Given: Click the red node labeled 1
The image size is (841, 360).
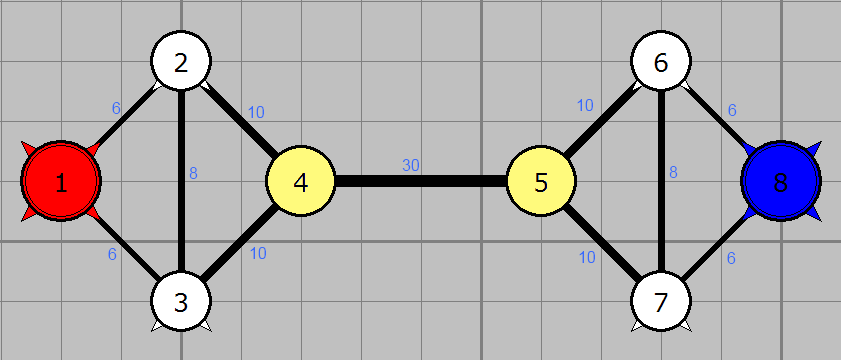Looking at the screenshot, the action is pos(61,181).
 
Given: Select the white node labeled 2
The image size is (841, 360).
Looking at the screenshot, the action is pos(181,61).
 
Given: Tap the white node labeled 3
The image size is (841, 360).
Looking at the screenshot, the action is pos(181,302).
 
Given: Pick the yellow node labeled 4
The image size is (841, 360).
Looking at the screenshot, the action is pos(301,181).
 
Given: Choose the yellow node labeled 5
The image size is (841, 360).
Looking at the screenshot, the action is pos(541,181).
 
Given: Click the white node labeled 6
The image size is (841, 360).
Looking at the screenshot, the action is pos(661,61).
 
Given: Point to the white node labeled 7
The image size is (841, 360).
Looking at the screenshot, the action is pos(661,302).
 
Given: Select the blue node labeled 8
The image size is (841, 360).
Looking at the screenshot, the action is pos(781,181).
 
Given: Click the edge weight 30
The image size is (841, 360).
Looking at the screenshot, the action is pos(411,166).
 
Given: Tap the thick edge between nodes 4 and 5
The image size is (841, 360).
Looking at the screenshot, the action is pos(421,181).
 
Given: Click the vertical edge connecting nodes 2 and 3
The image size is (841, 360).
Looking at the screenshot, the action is pos(181,181).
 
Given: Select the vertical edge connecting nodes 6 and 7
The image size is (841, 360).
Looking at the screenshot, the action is pos(661,181).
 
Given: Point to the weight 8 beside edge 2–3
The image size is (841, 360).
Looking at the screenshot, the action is pos(194,173).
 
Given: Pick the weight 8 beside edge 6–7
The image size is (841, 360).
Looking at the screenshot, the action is pos(673,173).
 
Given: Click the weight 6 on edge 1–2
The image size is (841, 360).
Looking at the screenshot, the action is pos(116,108).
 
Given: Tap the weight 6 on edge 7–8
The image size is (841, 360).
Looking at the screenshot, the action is pos(731,258).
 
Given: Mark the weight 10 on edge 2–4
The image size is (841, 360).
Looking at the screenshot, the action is pos(256,113).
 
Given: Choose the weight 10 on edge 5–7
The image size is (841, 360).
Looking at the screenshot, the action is pos(587,258).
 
